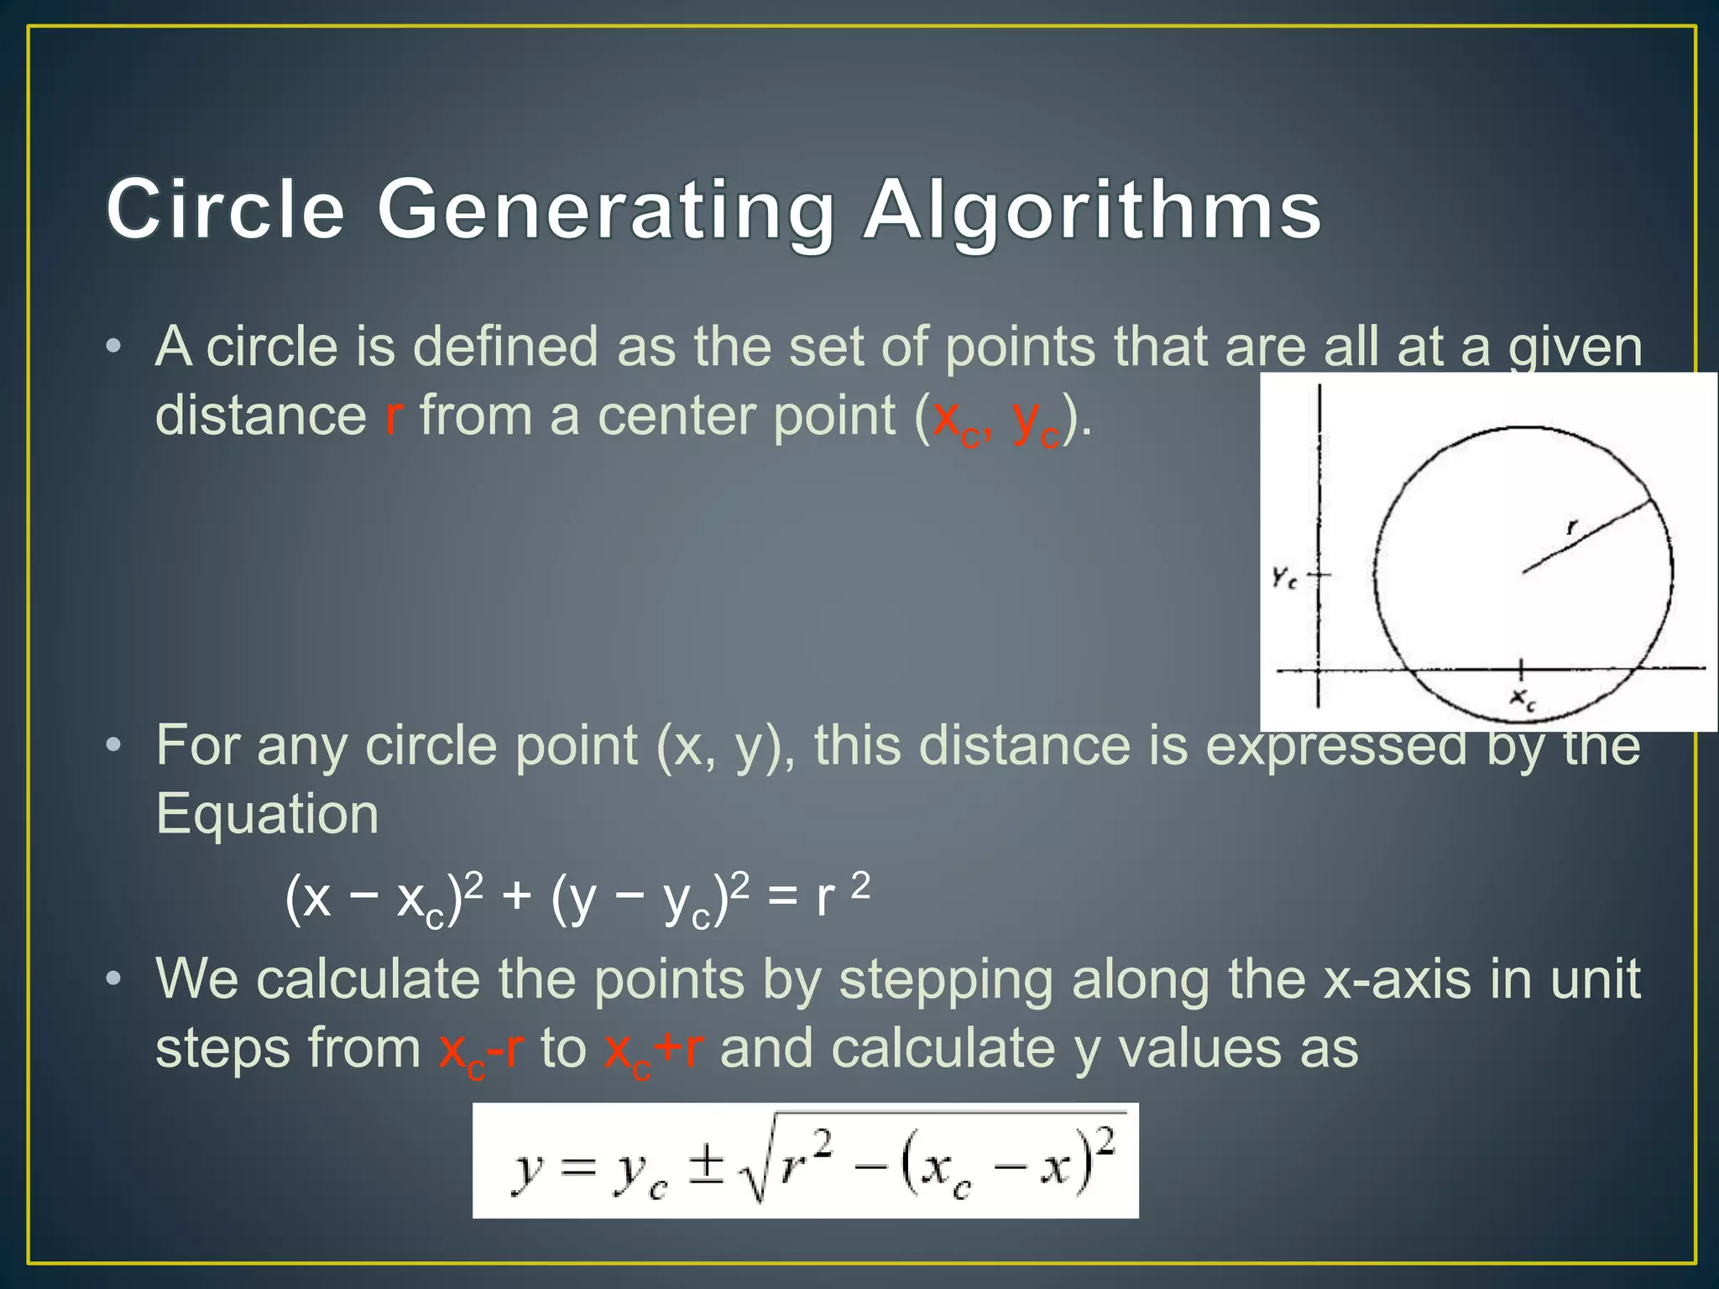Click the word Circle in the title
[x=225, y=210]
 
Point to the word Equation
[x=267, y=814]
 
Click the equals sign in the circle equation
[x=782, y=898]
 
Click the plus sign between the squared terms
[x=516, y=898]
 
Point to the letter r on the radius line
[x=1572, y=527]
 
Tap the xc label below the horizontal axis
[x=1523, y=698]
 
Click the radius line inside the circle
[x=1586, y=537]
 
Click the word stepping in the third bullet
[x=946, y=980]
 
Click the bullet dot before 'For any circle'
[x=114, y=745]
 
